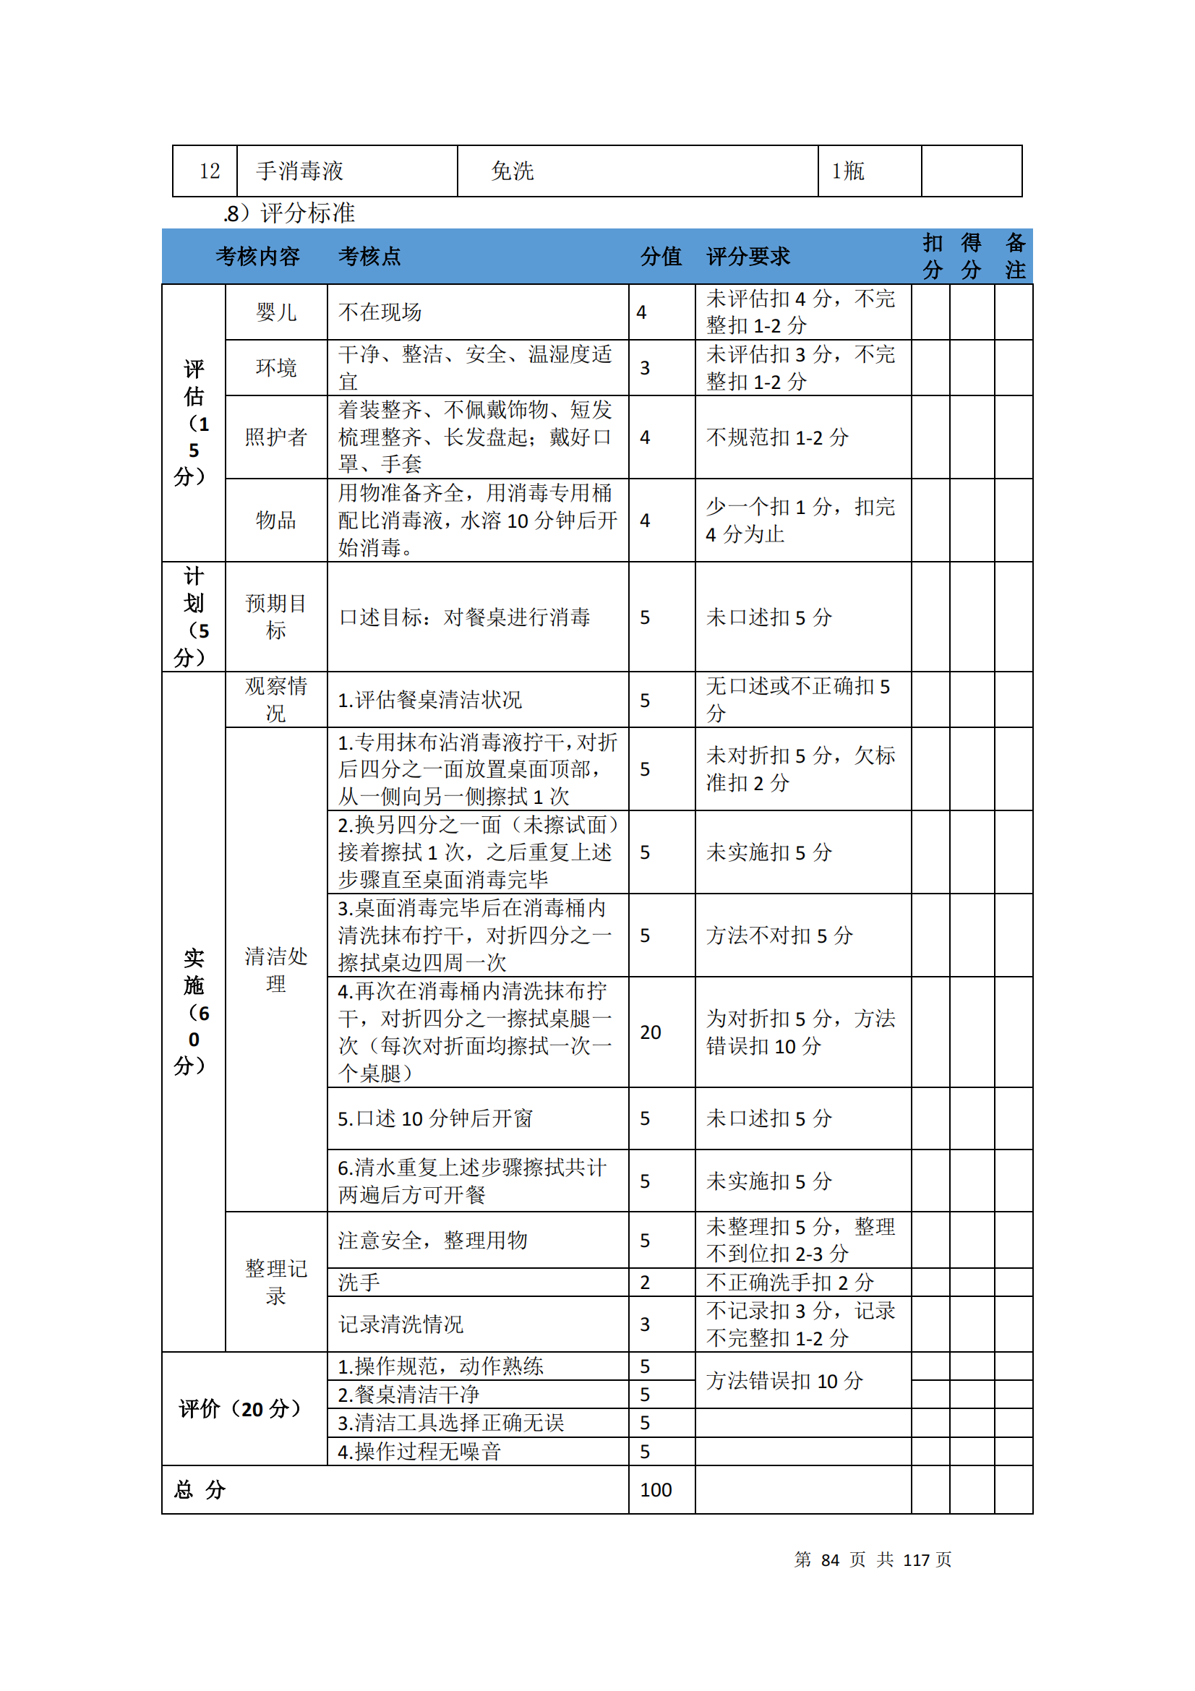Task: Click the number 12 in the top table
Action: coord(210,171)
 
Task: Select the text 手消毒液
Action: coord(300,171)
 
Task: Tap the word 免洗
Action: coord(512,171)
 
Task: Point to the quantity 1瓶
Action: coord(847,171)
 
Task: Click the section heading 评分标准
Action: coord(308,213)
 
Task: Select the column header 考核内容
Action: coord(257,257)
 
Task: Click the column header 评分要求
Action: coord(748,257)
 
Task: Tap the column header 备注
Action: coord(1015,257)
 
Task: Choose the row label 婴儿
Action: coord(276,313)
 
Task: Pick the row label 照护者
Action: coord(276,437)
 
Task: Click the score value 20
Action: coord(651,1032)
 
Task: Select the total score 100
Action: coord(656,1490)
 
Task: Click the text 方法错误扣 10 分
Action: coord(784,1381)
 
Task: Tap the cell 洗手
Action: coord(359,1283)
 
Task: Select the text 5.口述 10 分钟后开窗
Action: coord(435,1118)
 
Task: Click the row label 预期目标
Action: coord(276,617)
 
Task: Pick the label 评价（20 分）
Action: coord(240,1409)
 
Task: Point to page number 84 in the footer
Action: coord(830,1560)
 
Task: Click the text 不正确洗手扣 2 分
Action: coord(789,1283)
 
